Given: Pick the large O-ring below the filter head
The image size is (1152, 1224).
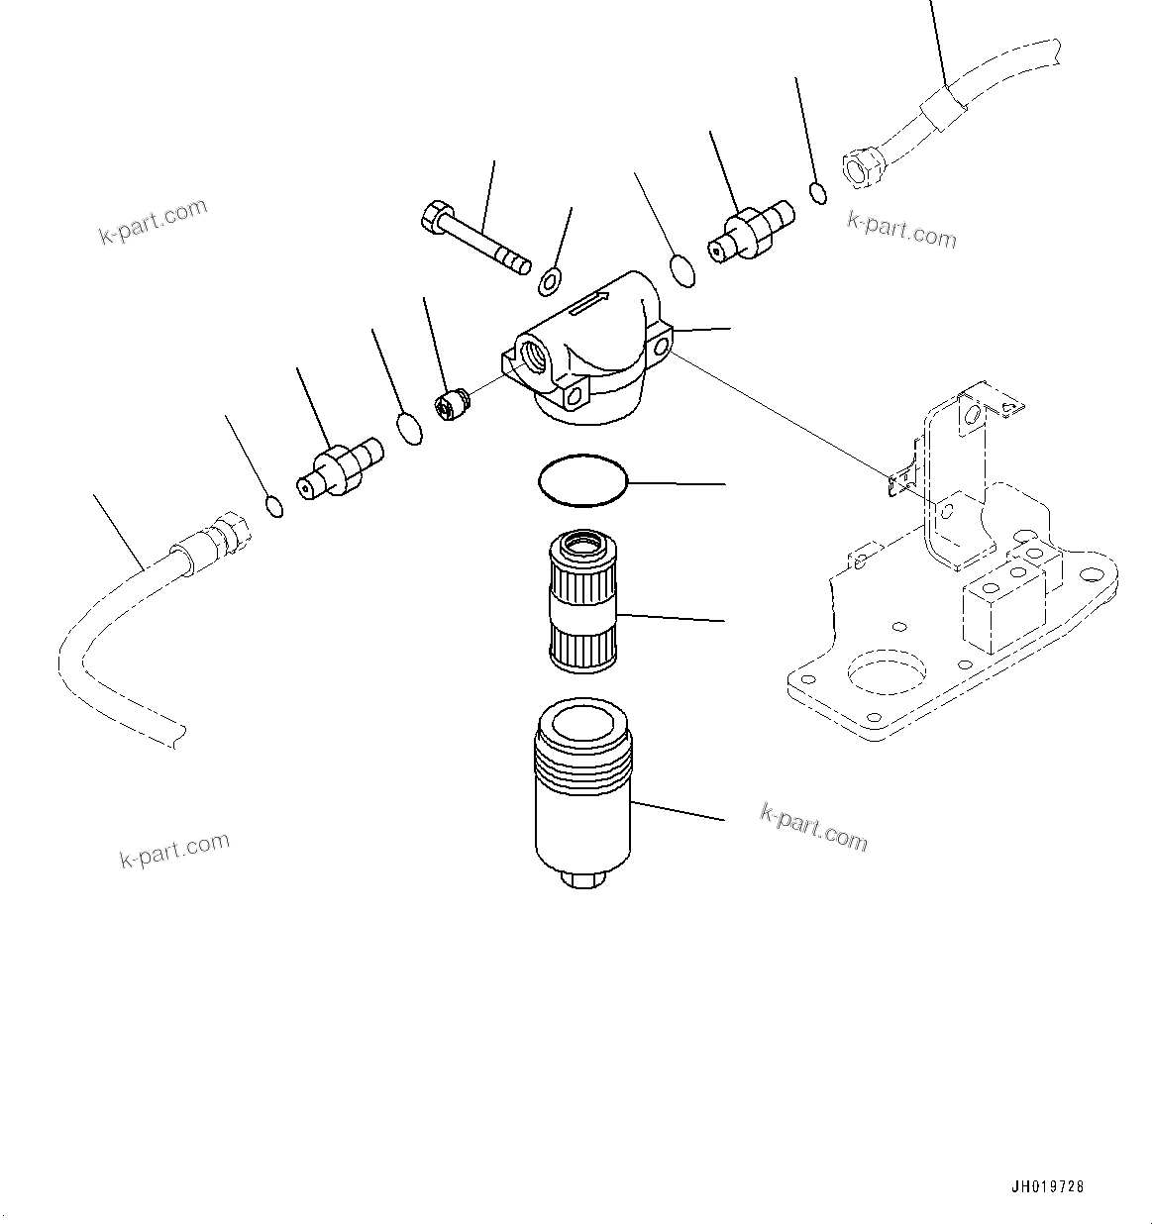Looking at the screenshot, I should click(x=583, y=480).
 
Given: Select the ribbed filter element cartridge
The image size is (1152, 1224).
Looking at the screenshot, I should click(x=583, y=601).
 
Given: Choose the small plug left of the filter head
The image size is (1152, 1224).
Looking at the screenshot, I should click(x=452, y=405).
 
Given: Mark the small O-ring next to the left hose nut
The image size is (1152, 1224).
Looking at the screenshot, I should click(x=275, y=506).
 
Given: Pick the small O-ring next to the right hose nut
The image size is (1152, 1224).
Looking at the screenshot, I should click(x=818, y=192).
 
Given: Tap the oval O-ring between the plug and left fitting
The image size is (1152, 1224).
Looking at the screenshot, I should click(x=409, y=429).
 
